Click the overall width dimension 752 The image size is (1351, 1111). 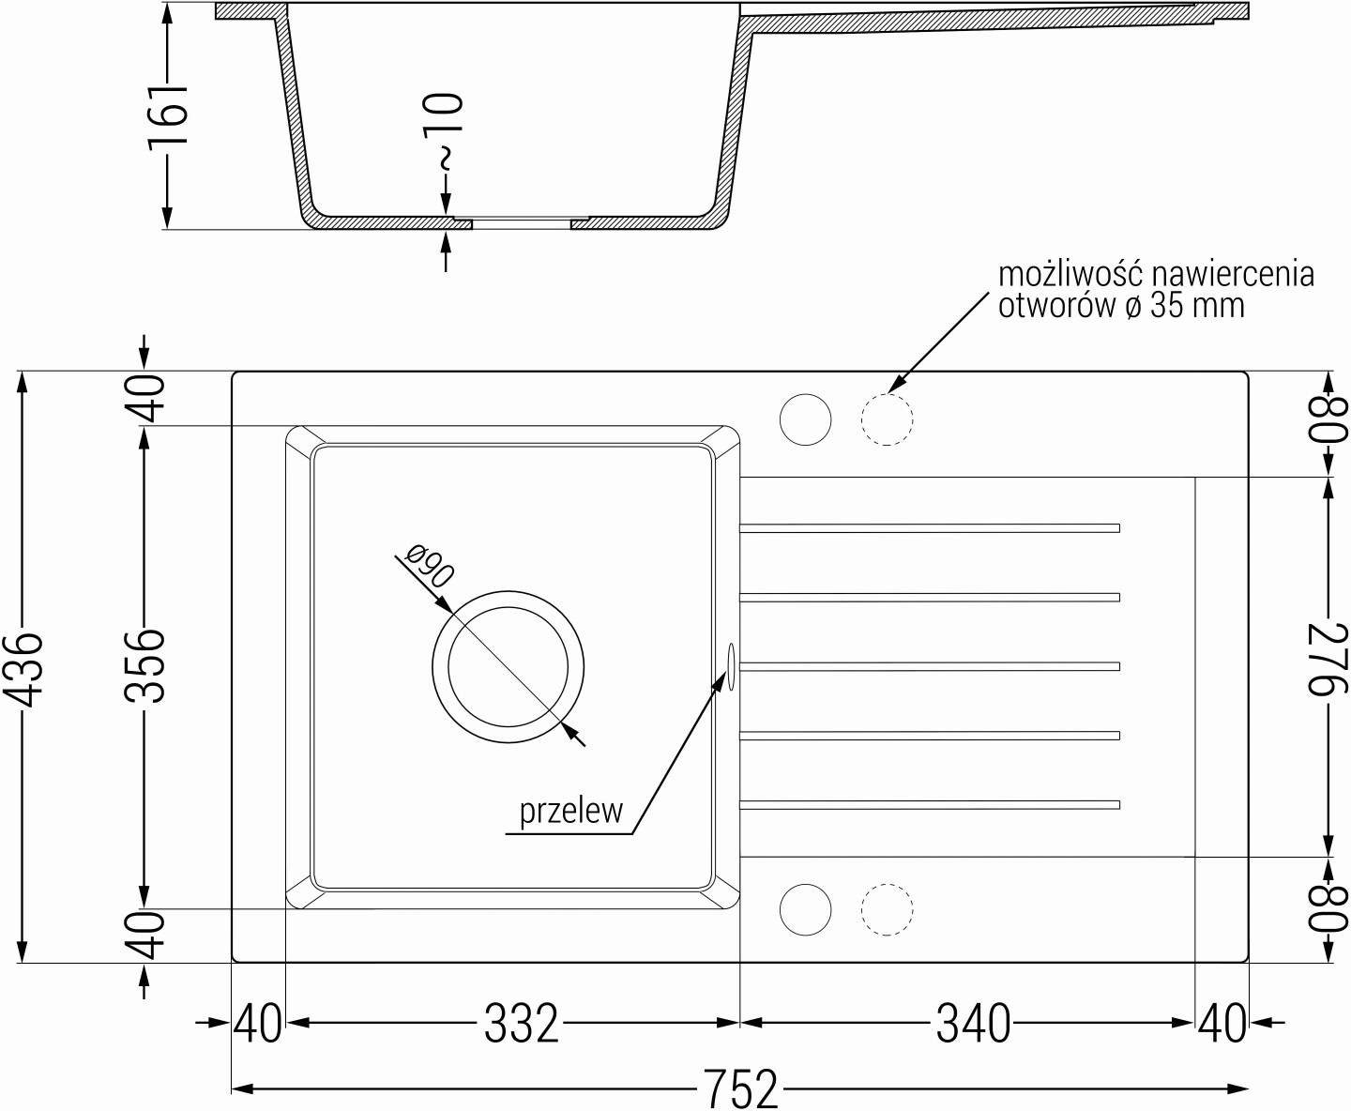[740, 1088]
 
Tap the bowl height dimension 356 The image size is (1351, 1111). [144, 667]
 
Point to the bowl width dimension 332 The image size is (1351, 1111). [522, 1023]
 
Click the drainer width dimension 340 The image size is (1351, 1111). [973, 1023]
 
